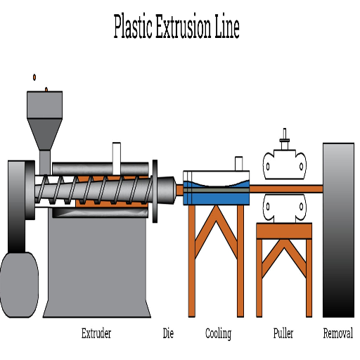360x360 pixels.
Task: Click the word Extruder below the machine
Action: [96, 333]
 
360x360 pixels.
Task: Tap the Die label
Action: [168, 333]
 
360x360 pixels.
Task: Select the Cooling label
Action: [218, 334]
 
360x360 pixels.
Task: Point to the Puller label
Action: [283, 333]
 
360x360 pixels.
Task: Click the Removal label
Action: [337, 333]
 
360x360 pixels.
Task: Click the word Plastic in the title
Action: [133, 26]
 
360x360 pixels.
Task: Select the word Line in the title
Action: [227, 26]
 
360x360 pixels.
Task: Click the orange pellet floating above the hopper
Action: [34, 77]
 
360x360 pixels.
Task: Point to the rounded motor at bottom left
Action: [19, 285]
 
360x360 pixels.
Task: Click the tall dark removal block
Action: [338, 230]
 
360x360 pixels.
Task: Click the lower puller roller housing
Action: [285, 208]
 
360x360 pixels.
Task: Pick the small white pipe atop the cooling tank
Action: [238, 163]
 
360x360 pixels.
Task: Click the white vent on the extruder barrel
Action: [117, 158]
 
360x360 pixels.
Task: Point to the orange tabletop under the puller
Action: [284, 231]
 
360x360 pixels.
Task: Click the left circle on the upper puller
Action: [268, 167]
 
